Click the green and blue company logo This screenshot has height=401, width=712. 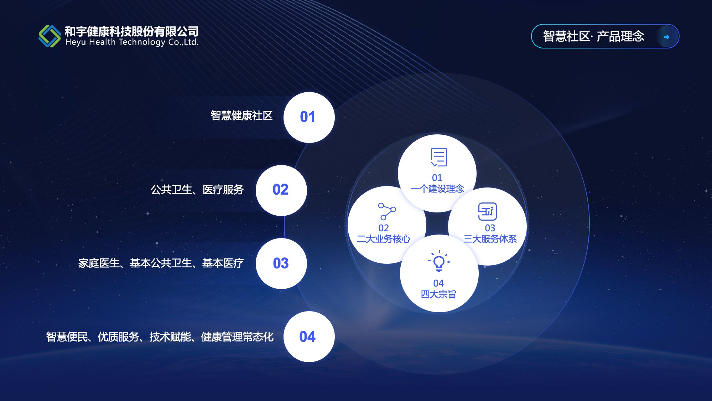(x=50, y=36)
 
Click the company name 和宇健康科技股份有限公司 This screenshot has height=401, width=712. (x=131, y=31)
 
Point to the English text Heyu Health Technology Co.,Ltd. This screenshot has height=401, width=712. (x=132, y=42)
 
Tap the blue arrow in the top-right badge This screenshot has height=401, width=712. (x=667, y=37)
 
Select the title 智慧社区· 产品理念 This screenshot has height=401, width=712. (x=593, y=36)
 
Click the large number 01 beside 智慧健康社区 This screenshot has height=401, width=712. (x=307, y=117)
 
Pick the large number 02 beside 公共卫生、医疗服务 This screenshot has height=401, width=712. (x=280, y=190)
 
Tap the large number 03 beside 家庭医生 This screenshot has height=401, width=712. (x=281, y=263)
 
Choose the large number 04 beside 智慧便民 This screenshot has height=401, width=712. (x=307, y=337)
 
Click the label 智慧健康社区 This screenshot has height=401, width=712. (x=241, y=115)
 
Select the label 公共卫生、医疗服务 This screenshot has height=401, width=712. (x=197, y=190)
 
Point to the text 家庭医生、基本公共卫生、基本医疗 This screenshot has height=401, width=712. (x=161, y=263)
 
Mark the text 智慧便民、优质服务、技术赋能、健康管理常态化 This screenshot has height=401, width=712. (x=160, y=337)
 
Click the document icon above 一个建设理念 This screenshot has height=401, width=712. (x=439, y=157)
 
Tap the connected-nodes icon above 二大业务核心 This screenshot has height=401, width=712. (x=387, y=211)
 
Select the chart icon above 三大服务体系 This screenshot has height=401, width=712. (x=487, y=211)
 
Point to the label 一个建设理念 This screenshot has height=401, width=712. (x=437, y=189)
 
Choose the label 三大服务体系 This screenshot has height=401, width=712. (x=490, y=239)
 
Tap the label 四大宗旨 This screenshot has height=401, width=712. (x=438, y=294)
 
